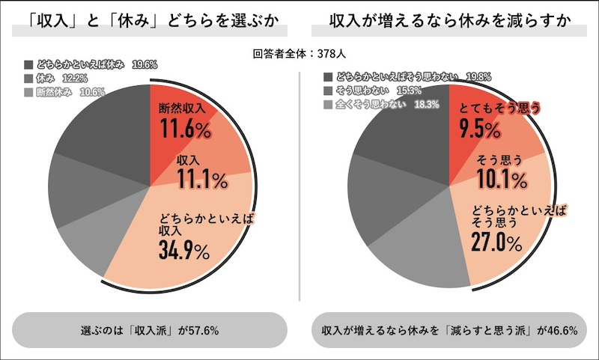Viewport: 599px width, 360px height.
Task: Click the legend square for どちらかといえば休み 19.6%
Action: coord(28,64)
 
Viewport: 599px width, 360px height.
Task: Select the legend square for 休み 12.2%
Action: coord(28,78)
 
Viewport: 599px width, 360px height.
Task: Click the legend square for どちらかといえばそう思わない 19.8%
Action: coord(328,76)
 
